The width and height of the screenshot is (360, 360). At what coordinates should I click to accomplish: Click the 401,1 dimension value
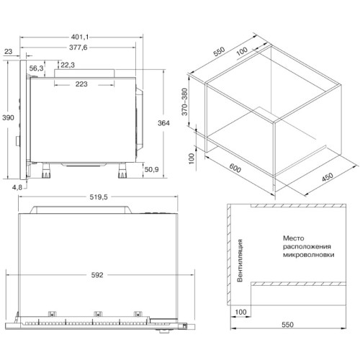(x=80, y=37)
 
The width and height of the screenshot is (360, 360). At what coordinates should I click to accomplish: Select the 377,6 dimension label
(x=78, y=48)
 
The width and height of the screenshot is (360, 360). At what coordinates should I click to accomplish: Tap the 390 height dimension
(x=8, y=117)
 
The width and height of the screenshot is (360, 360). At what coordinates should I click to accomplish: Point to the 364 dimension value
(x=163, y=123)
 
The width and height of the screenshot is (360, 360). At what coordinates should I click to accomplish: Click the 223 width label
(x=81, y=84)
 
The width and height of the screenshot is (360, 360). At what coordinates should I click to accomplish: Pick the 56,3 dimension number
(x=37, y=68)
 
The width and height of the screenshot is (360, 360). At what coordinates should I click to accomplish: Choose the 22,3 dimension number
(x=68, y=65)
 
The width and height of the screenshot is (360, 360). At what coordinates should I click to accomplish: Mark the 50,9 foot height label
(x=152, y=170)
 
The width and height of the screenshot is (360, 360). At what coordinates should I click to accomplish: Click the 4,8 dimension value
(x=17, y=187)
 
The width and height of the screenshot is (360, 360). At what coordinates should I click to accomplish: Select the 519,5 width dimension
(x=99, y=197)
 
